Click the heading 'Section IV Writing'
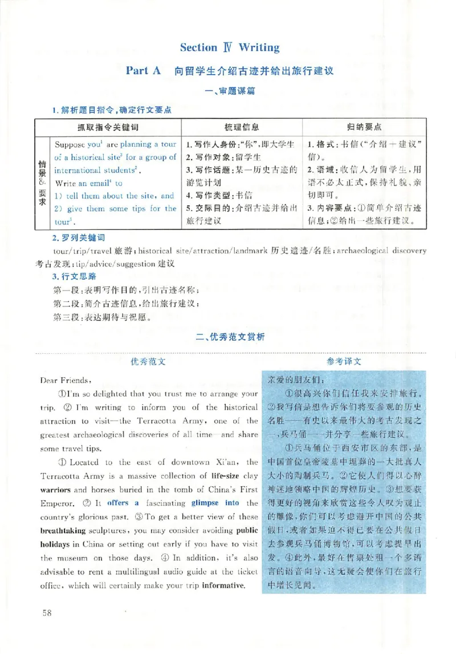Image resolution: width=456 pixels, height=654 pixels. point(229,47)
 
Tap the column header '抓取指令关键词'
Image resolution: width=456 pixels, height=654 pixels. point(108,126)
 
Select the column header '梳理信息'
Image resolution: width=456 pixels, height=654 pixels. point(242,126)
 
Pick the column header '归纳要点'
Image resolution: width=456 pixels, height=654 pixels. point(364,126)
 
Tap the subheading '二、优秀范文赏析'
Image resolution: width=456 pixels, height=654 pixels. point(229,338)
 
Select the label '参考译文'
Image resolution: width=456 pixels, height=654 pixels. point(344,361)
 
